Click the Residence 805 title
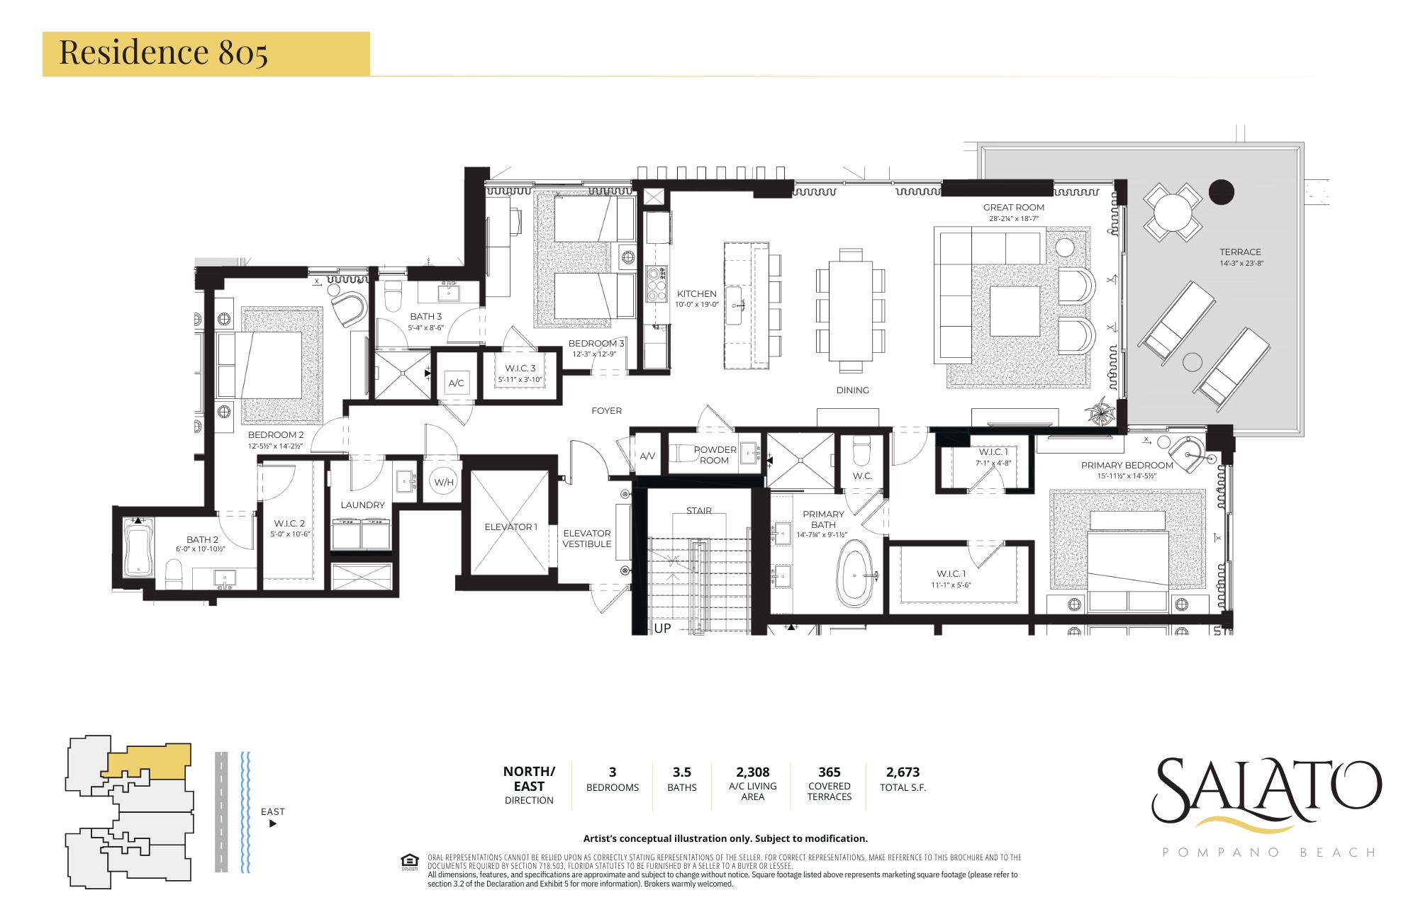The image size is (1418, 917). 163,53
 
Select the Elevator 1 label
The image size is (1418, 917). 511,527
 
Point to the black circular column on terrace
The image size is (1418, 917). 1221,191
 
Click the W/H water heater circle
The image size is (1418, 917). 444,483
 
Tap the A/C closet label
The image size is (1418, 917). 456,383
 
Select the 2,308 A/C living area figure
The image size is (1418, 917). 752,772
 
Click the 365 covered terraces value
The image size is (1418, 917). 829,772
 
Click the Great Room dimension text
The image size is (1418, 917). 1013,219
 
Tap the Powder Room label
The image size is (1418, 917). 715,454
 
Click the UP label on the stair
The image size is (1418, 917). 662,628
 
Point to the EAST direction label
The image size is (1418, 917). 272,811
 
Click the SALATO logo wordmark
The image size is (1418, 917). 1268,789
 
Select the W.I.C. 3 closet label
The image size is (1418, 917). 520,369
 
